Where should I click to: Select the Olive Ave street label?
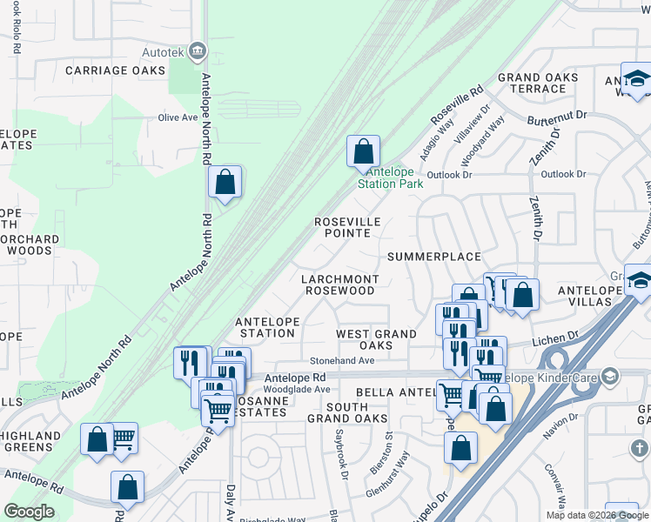coord(178,117)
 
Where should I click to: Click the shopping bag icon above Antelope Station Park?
coord(363,152)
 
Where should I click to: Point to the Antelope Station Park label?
coord(390,177)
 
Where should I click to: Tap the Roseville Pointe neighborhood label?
coord(348,227)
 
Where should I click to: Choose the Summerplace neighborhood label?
coord(434,257)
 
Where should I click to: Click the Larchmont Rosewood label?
coord(339,284)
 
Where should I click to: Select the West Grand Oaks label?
coord(376,339)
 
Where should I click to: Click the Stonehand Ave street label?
coord(343,360)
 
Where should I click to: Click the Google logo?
coord(29,512)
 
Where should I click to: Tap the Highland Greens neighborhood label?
coord(30,442)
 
